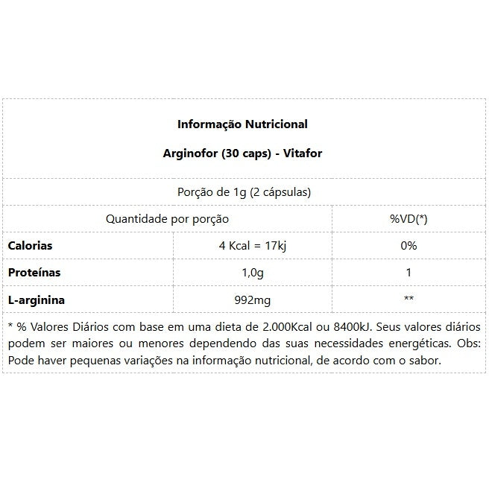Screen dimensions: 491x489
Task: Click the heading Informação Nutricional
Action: click(242, 124)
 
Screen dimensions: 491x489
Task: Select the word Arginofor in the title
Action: click(188, 153)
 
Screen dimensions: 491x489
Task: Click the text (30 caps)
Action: click(242, 153)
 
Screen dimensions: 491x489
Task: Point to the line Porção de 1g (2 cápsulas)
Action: click(244, 191)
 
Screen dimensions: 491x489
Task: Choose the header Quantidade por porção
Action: click(167, 219)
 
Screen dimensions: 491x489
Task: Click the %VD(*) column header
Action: click(408, 219)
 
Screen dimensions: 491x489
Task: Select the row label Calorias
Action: click(30, 246)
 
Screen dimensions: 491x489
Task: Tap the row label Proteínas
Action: click(34, 273)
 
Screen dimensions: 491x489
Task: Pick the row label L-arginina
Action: click(36, 300)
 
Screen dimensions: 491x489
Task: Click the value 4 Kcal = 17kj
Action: click(252, 246)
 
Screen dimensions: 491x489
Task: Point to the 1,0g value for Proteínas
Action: click(252, 273)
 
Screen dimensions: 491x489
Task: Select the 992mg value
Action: click(252, 300)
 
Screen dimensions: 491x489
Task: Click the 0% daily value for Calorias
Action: click(408, 246)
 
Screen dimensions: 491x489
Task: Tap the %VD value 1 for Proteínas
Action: click(408, 273)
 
